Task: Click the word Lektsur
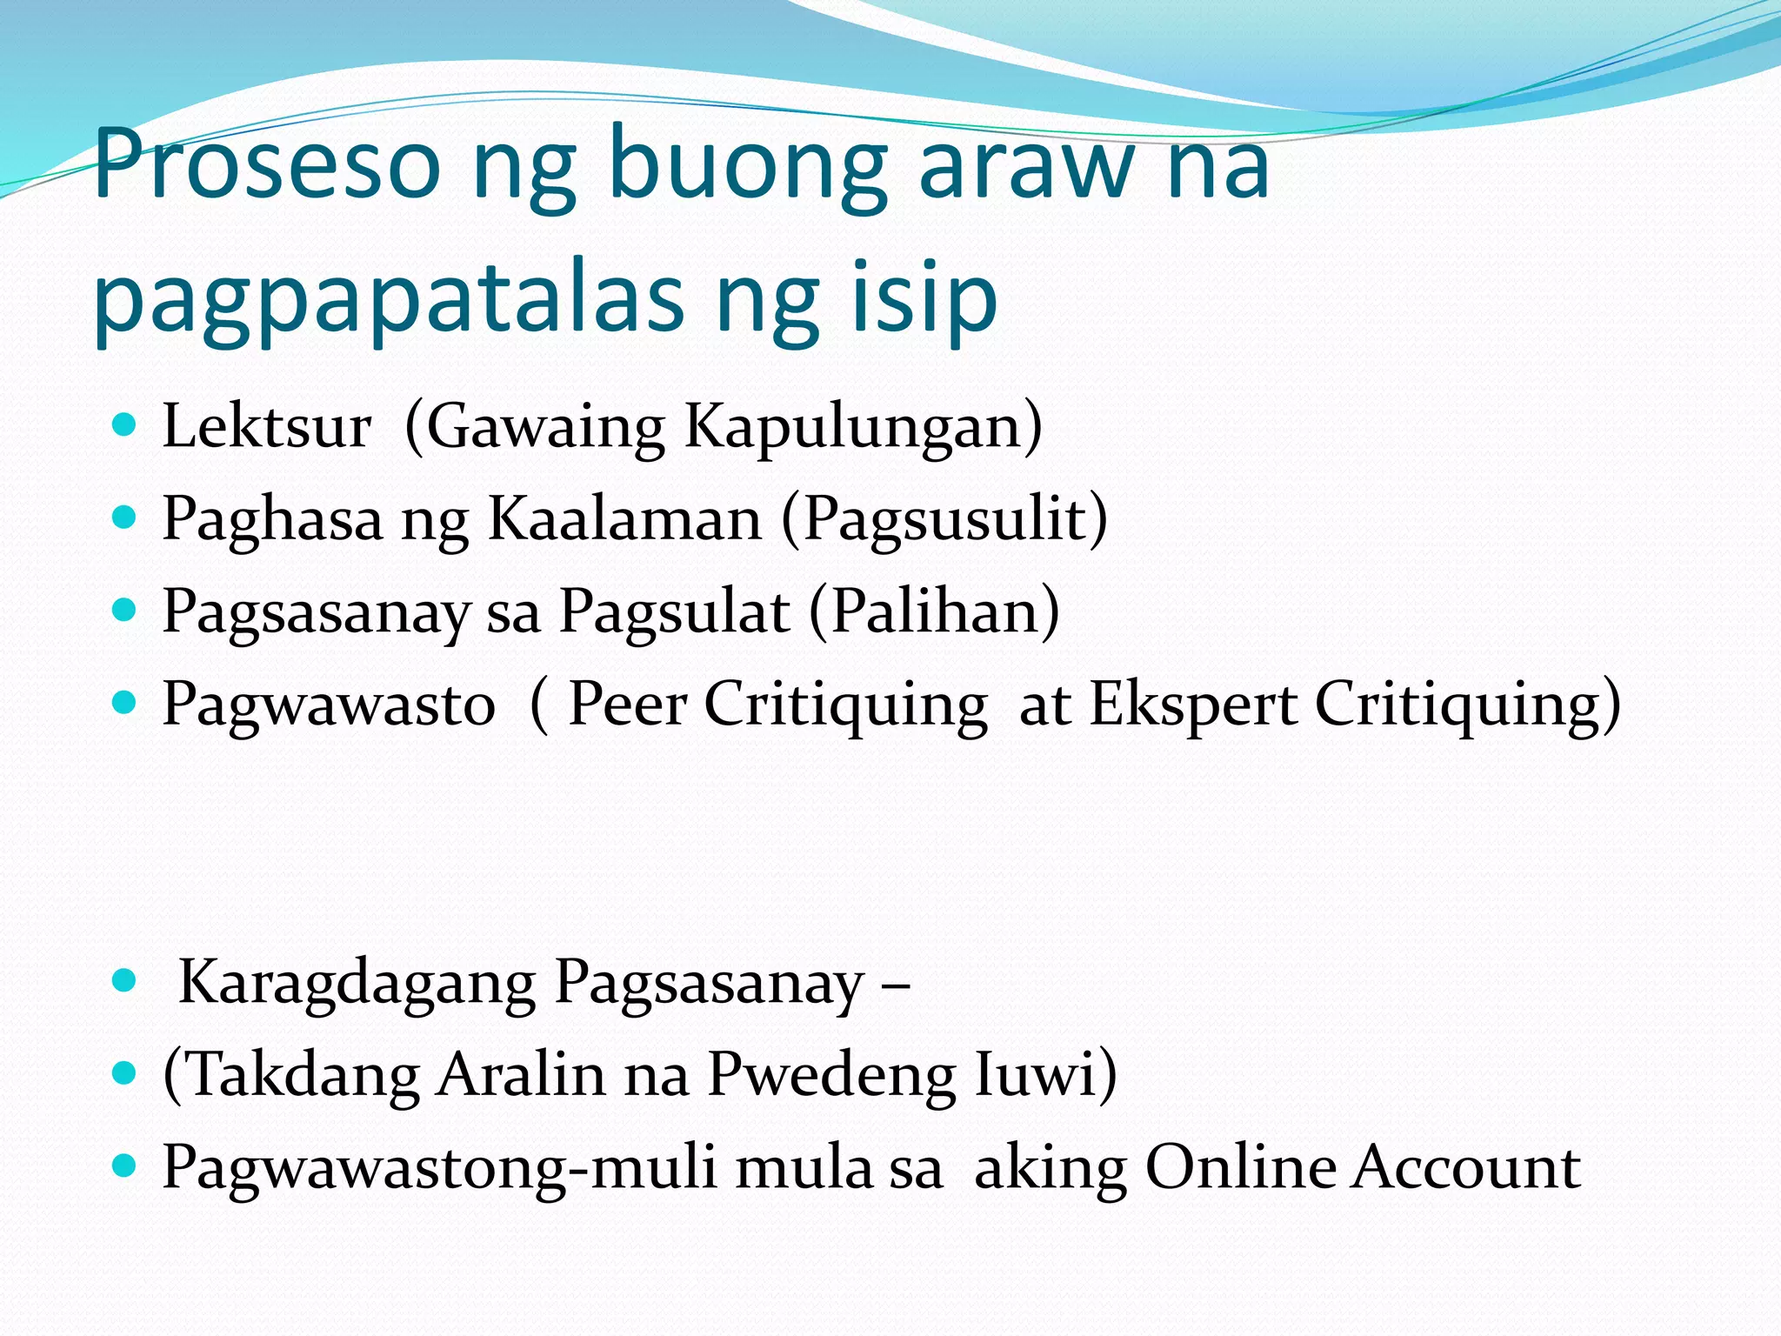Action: [267, 427]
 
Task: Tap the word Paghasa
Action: [272, 519]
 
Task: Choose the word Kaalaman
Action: [624, 519]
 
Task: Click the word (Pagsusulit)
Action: [944, 519]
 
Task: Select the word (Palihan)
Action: [934, 611]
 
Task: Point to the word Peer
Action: [627, 704]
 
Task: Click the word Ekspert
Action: [1193, 704]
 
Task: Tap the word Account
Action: [1466, 1168]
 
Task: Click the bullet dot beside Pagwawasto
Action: [125, 702]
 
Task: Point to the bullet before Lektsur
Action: [125, 425]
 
